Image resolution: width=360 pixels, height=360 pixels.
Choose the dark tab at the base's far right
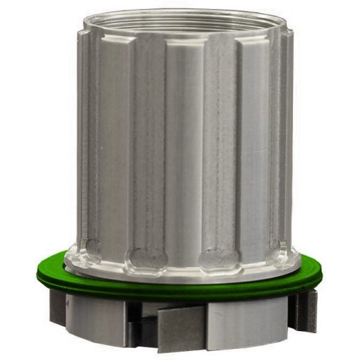click(307, 311)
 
